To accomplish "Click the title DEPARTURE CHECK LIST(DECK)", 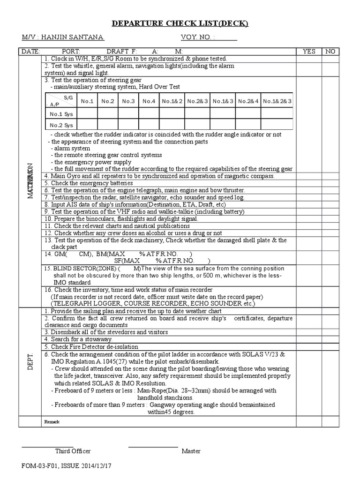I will point(180,24).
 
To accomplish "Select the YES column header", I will point(309,52).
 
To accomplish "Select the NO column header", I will point(330,52).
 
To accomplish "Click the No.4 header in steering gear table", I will point(149,101).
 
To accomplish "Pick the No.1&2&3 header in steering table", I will point(277,101).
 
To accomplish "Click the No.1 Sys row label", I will point(61,113).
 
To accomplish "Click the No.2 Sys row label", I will point(61,125).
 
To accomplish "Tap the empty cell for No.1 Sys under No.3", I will point(128,113).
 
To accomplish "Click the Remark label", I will point(52,422).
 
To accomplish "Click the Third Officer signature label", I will point(73,451).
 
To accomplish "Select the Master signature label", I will point(191,451).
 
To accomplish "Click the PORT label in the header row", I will point(71,52).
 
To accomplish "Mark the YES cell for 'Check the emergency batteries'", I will point(309,183).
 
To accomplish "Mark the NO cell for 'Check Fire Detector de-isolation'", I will point(330,346).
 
